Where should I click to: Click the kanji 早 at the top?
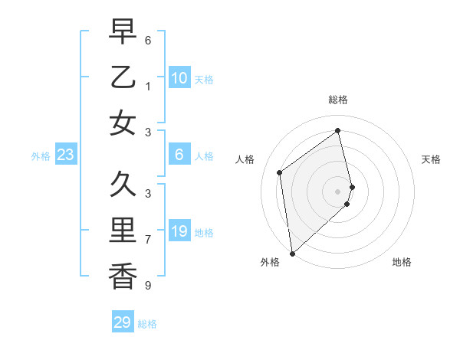[123, 31]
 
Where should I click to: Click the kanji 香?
[123, 275]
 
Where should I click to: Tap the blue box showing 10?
[179, 77]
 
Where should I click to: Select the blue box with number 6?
[179, 155]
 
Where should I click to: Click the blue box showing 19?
[179, 231]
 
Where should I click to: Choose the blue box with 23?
[65, 155]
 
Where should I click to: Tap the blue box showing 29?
[123, 322]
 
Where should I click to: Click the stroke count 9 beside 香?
[147, 286]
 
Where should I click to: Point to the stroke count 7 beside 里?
[147, 239]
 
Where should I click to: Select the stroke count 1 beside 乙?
[147, 85]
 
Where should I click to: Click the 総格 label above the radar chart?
[337, 100]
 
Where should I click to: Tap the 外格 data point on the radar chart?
[292, 253]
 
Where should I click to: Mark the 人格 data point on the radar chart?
[280, 172]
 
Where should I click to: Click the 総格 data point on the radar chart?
[338, 131]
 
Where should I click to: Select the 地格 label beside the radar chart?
[402, 262]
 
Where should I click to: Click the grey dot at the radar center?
[338, 191]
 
